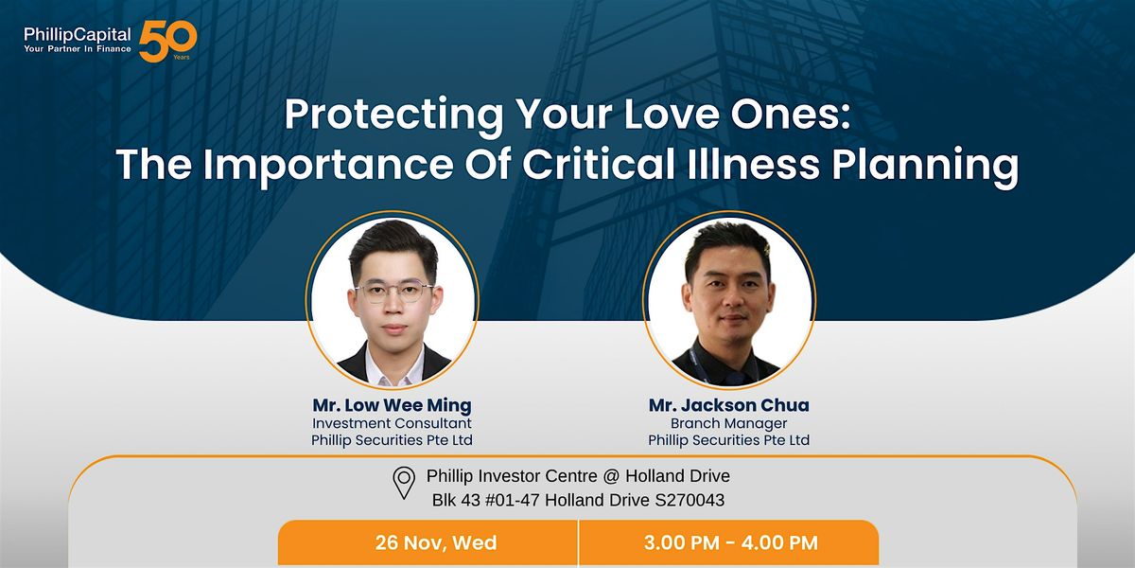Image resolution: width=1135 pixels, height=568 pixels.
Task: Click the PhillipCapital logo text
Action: click(78, 35)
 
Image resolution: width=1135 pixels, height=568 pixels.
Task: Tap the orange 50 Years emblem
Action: click(167, 41)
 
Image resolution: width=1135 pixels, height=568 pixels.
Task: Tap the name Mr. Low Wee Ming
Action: click(392, 405)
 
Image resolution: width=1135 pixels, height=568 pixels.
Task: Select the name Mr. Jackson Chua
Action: click(728, 405)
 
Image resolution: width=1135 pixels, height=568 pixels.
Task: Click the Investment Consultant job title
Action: click(392, 423)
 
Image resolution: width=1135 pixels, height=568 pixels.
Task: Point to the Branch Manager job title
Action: click(728, 423)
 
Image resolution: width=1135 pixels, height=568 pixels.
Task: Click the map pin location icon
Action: click(404, 483)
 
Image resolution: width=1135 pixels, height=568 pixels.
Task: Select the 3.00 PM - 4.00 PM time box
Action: click(729, 543)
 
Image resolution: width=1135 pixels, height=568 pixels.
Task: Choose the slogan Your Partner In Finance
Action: click(78, 50)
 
